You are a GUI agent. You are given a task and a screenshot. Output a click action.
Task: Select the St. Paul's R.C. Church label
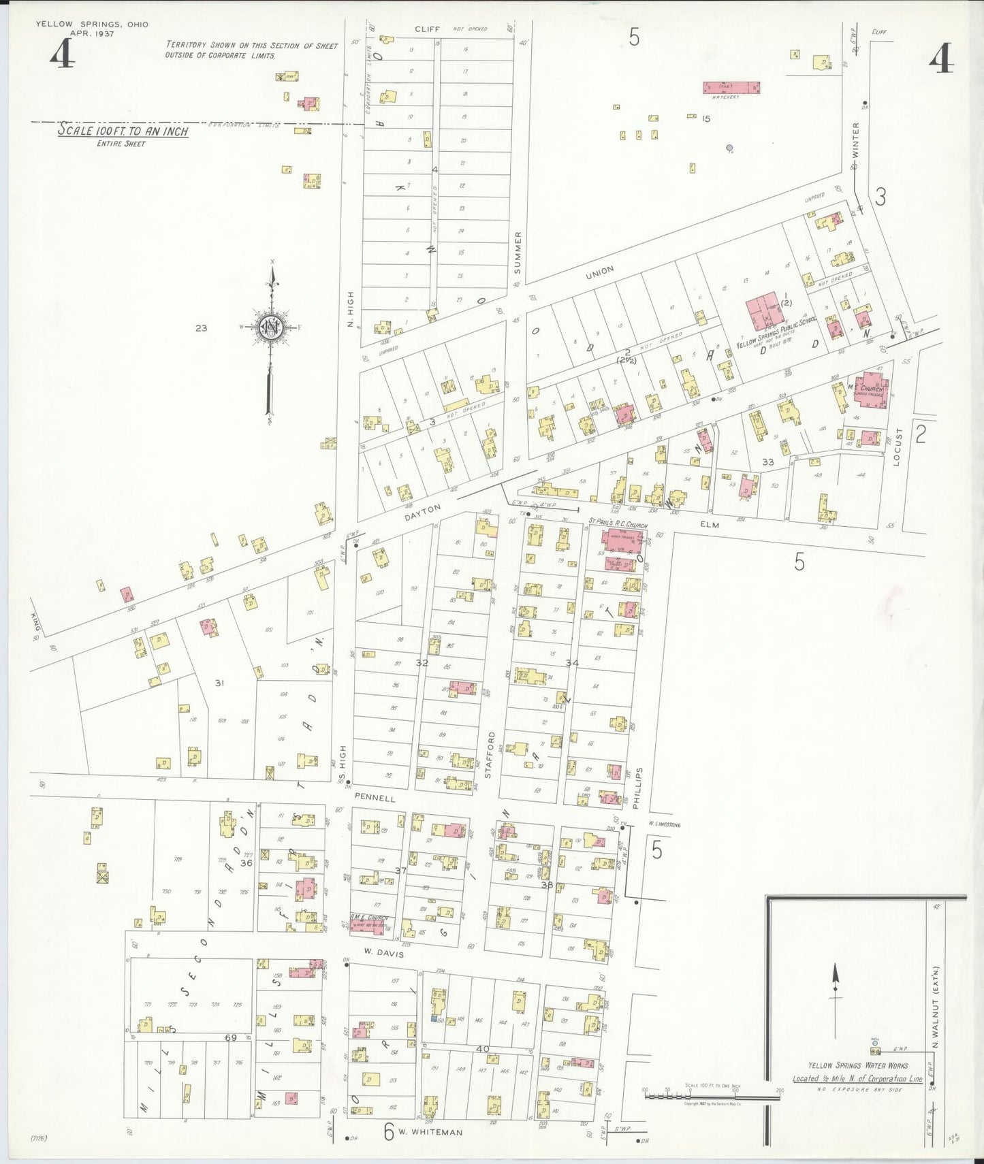coord(618,526)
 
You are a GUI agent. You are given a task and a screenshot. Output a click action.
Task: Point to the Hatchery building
coord(731,88)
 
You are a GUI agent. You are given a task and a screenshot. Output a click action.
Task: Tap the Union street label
coord(599,272)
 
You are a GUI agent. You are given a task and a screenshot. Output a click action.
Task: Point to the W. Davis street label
coord(383,954)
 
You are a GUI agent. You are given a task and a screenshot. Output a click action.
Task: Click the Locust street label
coord(897,446)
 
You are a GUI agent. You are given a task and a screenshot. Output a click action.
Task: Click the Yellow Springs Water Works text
coord(857,1065)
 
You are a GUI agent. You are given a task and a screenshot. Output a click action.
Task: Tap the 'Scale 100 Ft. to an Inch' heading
coord(123,130)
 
